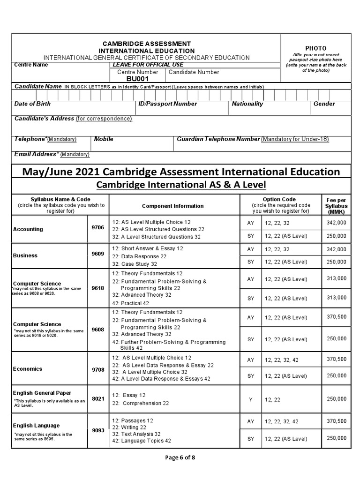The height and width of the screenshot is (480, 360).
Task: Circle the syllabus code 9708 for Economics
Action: coord(98,369)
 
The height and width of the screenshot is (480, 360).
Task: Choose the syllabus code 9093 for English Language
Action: coord(98,430)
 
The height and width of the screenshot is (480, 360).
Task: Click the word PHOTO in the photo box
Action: coord(315,48)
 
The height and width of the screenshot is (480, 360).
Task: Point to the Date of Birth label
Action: coord(32,104)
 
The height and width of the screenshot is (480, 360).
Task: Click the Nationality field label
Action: coord(247,104)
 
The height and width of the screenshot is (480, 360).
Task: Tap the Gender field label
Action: coord(324,104)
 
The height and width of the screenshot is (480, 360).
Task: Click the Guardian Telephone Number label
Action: coord(218,139)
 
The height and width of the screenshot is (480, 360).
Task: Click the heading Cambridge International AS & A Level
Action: coord(180,185)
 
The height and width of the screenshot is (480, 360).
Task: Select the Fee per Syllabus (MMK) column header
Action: coord(337,206)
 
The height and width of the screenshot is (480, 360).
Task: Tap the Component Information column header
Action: coord(172,206)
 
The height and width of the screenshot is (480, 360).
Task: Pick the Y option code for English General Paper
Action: coord(251,399)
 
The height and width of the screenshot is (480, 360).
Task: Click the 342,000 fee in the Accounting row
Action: coord(337,223)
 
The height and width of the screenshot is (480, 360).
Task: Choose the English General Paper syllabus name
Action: coord(42,393)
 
